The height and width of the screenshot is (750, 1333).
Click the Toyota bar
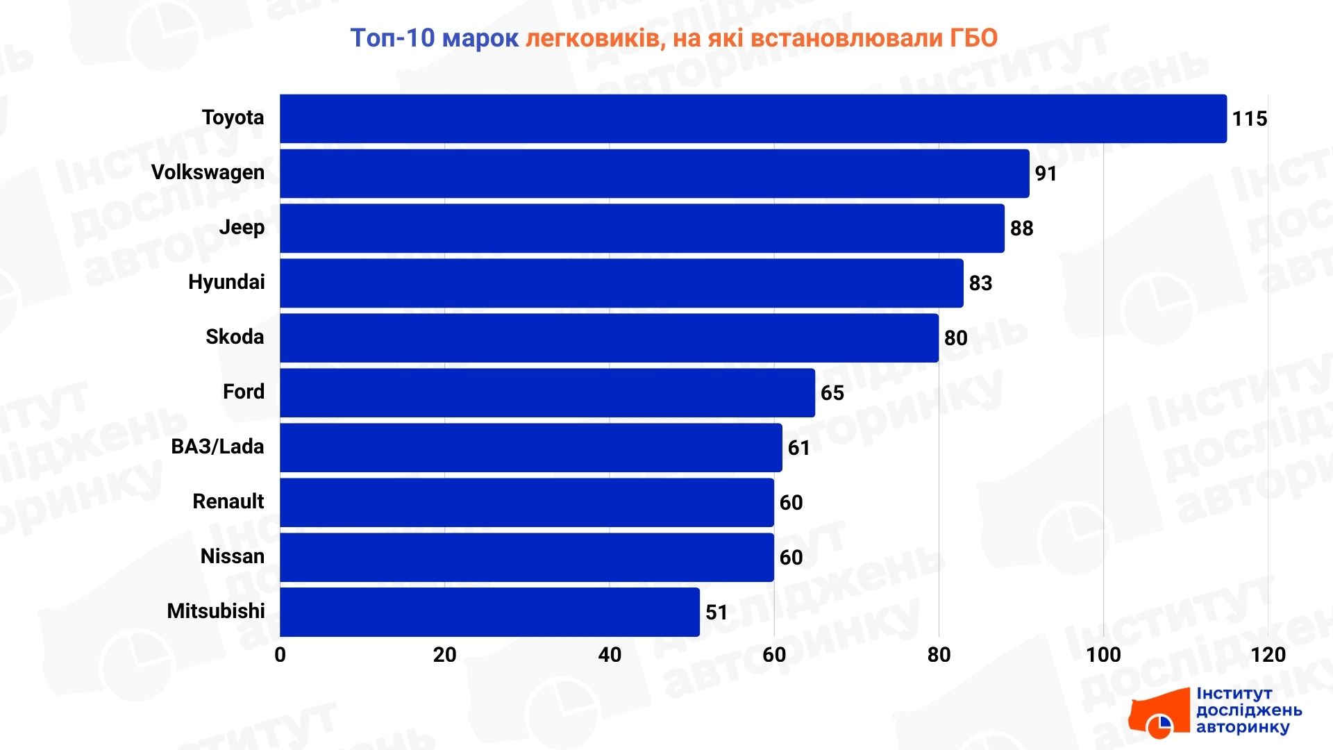753,119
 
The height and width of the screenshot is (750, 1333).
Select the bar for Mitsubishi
489,612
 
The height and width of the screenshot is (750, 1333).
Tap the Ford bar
547,392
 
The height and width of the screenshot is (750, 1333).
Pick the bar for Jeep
642,228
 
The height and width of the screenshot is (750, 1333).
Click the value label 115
1249,119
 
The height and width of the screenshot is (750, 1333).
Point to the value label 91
1046,174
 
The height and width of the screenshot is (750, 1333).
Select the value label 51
716,612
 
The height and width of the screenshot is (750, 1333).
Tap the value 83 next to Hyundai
980,283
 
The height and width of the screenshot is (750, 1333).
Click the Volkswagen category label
208,172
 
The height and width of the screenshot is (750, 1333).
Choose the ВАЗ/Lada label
217,447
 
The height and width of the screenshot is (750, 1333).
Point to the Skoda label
235,337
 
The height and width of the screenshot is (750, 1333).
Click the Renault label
228,501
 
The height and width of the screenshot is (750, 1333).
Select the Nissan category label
232,556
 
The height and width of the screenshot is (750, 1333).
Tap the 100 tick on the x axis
1103,655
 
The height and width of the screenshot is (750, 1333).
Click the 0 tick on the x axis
280,655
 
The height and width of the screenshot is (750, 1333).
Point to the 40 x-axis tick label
609,655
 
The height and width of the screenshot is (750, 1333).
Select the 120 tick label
1268,655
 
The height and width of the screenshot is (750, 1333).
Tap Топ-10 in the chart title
392,37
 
